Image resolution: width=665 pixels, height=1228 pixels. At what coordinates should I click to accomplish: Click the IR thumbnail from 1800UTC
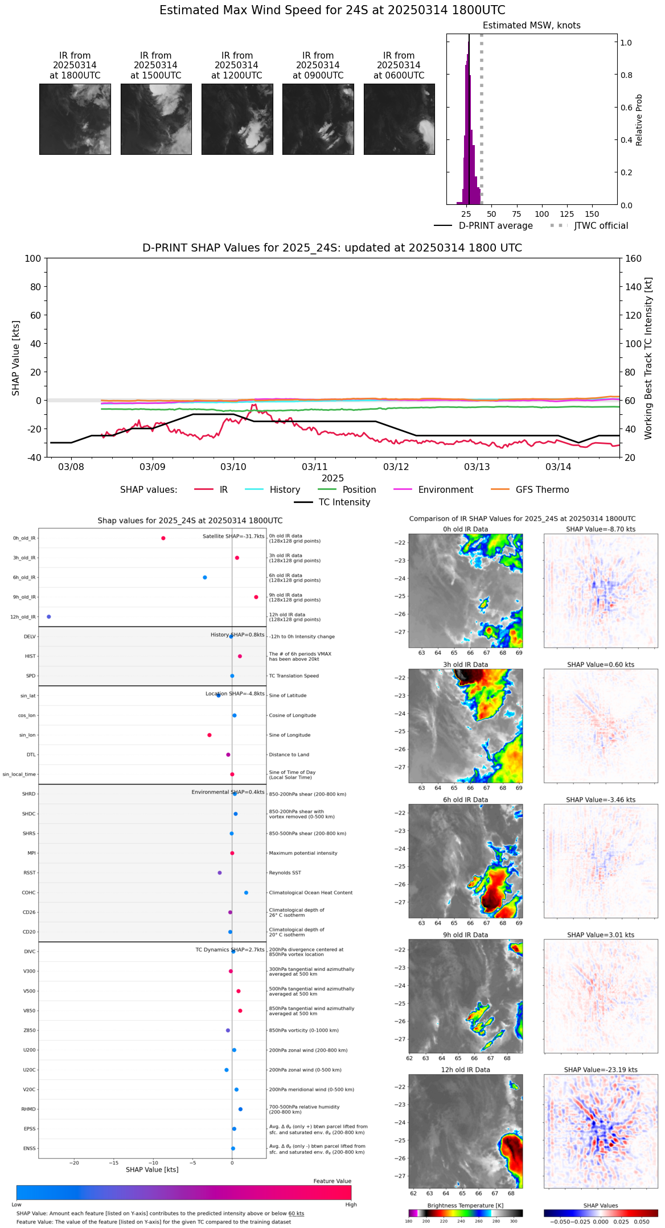(75, 119)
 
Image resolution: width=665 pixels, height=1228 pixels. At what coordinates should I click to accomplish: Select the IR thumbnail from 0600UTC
(399, 119)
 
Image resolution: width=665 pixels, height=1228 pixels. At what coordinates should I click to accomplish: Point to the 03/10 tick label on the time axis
(233, 467)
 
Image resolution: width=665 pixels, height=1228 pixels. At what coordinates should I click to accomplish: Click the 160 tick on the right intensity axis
(633, 259)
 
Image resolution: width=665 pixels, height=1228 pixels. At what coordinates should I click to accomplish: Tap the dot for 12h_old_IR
(49, 617)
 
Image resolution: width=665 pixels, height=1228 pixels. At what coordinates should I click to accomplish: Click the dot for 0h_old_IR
(163, 538)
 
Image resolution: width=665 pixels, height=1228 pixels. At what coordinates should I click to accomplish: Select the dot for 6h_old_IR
(205, 578)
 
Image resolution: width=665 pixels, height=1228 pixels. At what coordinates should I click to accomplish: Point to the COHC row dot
(246, 893)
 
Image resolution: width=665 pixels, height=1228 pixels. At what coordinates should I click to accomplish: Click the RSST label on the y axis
(30, 873)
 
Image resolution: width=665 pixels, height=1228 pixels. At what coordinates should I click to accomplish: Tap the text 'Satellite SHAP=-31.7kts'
(233, 537)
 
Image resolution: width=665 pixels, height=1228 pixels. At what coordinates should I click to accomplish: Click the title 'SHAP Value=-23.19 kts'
(601, 1070)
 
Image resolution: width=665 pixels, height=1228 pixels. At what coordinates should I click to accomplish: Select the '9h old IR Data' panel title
(465, 935)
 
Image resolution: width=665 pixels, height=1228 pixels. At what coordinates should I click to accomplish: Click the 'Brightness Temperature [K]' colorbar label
(465, 1206)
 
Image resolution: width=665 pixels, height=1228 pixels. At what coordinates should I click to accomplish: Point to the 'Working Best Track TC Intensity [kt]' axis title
(648, 358)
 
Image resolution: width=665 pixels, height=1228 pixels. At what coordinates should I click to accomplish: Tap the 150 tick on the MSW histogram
(592, 215)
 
